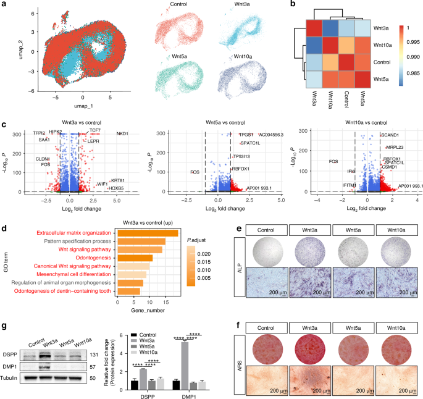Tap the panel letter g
pyautogui.click(x=4, y=326)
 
